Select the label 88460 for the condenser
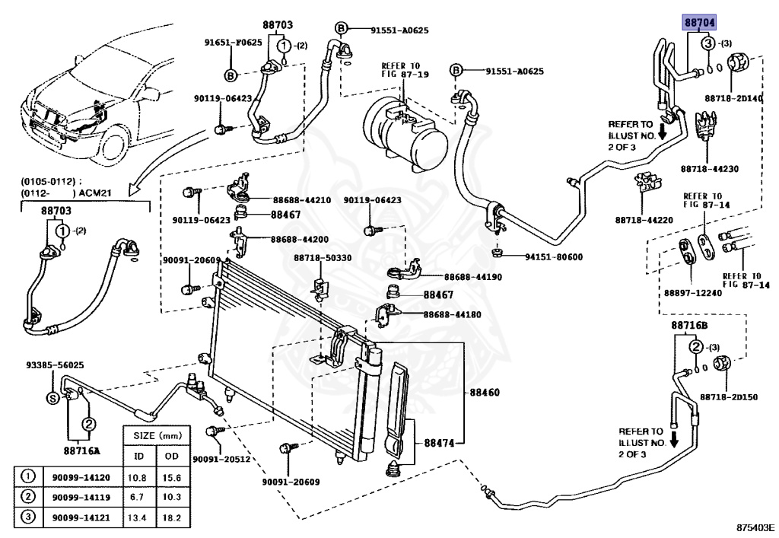(484, 393)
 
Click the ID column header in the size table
(138, 456)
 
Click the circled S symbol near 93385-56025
(52, 398)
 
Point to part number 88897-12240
(692, 292)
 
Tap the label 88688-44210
(301, 200)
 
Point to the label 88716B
(689, 325)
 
